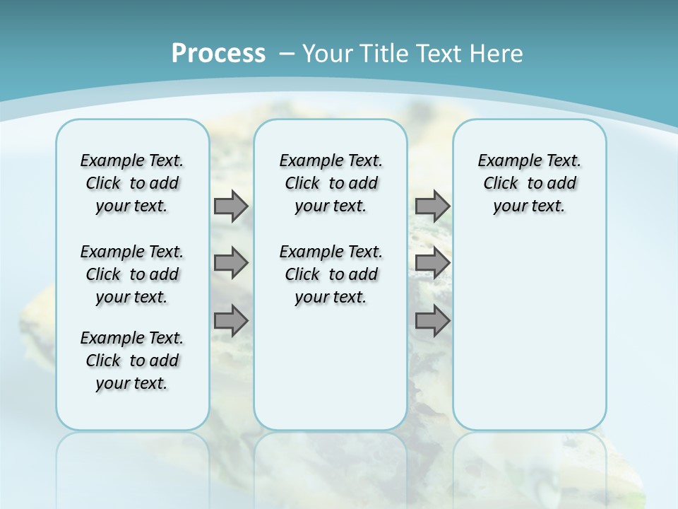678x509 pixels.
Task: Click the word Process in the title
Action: (218, 54)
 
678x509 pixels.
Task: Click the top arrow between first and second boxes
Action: (231, 206)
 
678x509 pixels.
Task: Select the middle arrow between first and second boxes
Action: (231, 263)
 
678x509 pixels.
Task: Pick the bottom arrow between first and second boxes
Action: (231, 321)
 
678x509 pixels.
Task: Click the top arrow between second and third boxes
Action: (432, 206)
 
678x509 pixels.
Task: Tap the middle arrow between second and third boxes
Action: (432, 263)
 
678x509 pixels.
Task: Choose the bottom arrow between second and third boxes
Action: (432, 321)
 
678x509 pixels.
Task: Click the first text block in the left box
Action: (132, 183)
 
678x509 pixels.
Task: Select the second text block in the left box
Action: (132, 274)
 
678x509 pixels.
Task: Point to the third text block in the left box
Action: (132, 361)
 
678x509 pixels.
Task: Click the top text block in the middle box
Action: (331, 183)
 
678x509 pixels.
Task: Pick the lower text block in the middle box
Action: (331, 274)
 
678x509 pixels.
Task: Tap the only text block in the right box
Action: (529, 183)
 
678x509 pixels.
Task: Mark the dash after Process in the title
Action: (287, 54)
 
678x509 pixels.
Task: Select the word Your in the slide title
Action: (328, 54)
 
